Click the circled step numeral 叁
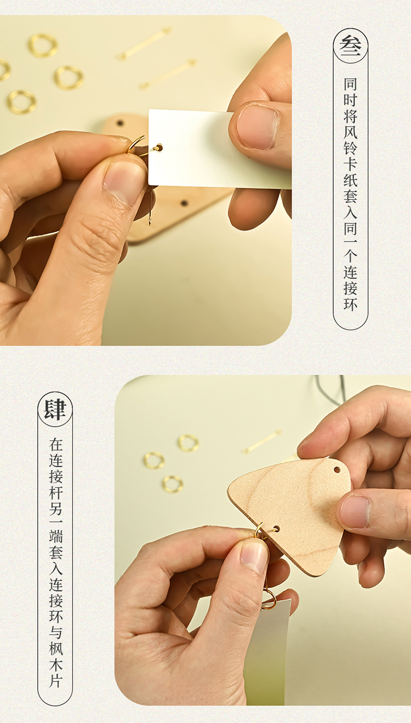[x=350, y=47]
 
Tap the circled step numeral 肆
[x=55, y=410]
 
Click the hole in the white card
[x=158, y=148]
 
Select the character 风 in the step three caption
[x=350, y=133]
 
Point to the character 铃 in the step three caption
[x=350, y=148]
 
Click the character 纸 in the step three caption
[x=350, y=180]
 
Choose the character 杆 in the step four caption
[x=55, y=493]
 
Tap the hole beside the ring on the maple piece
[x=276, y=529]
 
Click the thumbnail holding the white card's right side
[x=258, y=127]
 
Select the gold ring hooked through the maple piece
[x=259, y=530]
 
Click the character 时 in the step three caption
[x=350, y=100]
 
